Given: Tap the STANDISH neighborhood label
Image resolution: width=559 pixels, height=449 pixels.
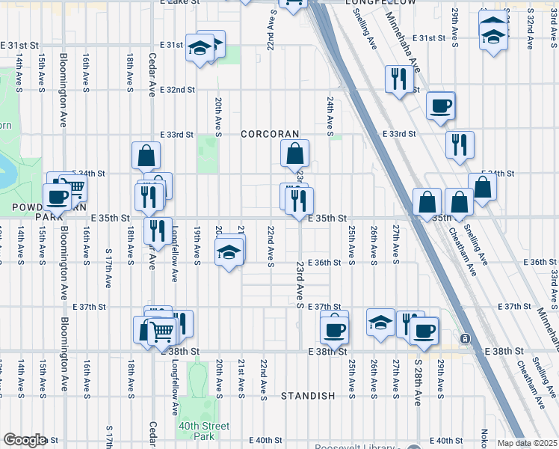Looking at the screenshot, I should pos(308,396).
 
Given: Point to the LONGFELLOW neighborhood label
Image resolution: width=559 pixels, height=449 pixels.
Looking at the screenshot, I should pos(381,3).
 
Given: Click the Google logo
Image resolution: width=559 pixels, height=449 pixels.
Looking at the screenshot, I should pos(25,440).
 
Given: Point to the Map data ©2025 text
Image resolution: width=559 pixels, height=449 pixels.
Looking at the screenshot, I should pos(528,443).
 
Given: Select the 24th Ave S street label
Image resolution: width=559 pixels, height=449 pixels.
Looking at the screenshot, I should pos(329,114).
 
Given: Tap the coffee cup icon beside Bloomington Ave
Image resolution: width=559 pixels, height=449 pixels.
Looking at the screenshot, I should pos(56,196).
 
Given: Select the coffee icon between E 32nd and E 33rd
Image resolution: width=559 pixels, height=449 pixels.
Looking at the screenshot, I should pos(440,105).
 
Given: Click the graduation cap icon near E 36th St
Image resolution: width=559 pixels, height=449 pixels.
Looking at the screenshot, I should pos(229,251).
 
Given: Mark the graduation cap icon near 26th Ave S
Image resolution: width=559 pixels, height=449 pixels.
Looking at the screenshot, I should pos(380,322).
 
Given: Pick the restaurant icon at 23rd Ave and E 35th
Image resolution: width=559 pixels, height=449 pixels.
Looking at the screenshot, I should pos(299,198).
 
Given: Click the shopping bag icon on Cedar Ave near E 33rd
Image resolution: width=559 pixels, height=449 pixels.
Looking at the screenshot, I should pos(146,156).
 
